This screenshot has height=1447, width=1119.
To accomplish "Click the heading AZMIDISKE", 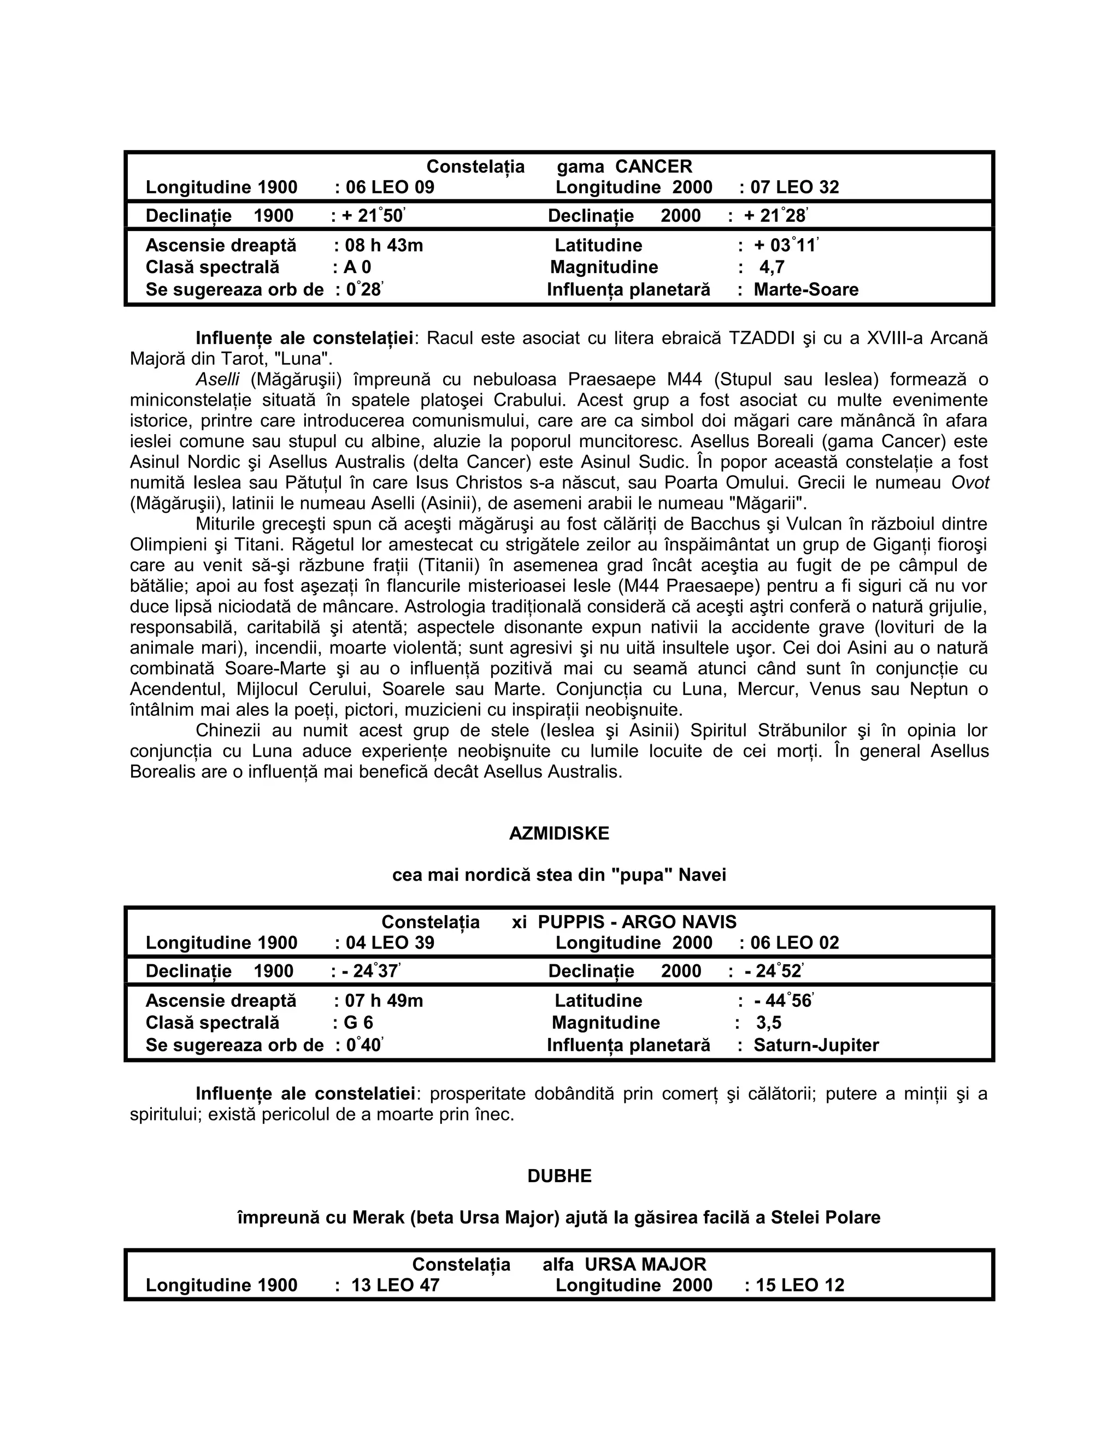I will pyautogui.click(x=559, y=833).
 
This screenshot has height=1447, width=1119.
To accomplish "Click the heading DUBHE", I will pyautogui.click(x=559, y=1176).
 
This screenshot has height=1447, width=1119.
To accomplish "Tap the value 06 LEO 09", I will pyautogui.click(x=390, y=187).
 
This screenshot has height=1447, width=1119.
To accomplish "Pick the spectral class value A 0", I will pyautogui.click(x=357, y=267).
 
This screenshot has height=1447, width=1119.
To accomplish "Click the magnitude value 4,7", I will pyautogui.click(x=771, y=267).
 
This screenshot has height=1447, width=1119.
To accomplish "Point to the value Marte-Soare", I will pyautogui.click(x=805, y=289).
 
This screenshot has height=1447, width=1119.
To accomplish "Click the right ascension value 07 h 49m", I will pyautogui.click(x=384, y=1000).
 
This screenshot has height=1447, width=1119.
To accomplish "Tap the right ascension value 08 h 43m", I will pyautogui.click(x=384, y=245).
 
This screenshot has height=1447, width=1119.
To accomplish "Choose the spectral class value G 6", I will pyautogui.click(x=358, y=1022).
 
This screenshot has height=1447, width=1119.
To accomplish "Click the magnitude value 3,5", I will pyautogui.click(x=769, y=1022).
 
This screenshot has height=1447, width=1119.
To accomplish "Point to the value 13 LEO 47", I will pyautogui.click(x=395, y=1285).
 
